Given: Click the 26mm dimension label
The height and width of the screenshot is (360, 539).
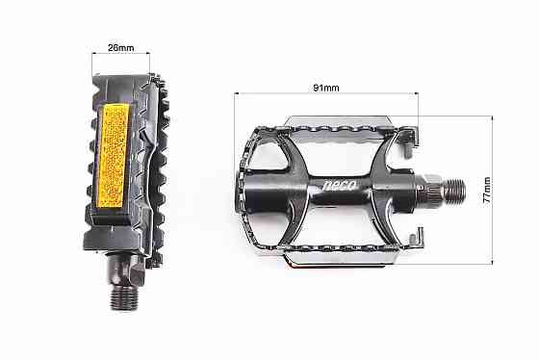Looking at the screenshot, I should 119,46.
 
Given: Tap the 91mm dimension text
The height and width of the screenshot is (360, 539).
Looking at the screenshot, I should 326,88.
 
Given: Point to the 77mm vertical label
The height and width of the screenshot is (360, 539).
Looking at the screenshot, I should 487,190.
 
